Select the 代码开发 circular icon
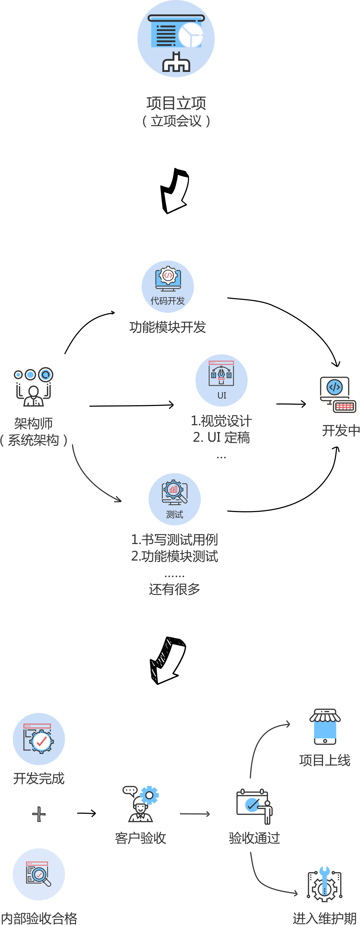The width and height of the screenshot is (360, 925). [x=167, y=287]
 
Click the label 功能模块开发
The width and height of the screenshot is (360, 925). [x=167, y=327]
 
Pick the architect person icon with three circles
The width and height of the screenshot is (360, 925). [x=33, y=387]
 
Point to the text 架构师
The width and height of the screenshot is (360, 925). [x=33, y=423]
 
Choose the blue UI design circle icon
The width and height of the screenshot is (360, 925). [x=222, y=380]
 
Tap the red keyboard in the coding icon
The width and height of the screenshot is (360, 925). [x=344, y=407]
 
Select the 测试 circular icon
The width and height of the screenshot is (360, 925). [x=175, y=499]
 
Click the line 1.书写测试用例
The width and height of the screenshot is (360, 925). [x=175, y=539]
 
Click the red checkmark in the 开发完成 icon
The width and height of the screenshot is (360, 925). [x=42, y=741]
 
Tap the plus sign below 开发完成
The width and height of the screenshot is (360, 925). [x=39, y=814]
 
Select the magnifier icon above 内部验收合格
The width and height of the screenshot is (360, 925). [x=39, y=874]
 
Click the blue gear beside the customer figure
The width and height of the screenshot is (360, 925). [x=149, y=795]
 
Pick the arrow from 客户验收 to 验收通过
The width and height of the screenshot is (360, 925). [x=195, y=814]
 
